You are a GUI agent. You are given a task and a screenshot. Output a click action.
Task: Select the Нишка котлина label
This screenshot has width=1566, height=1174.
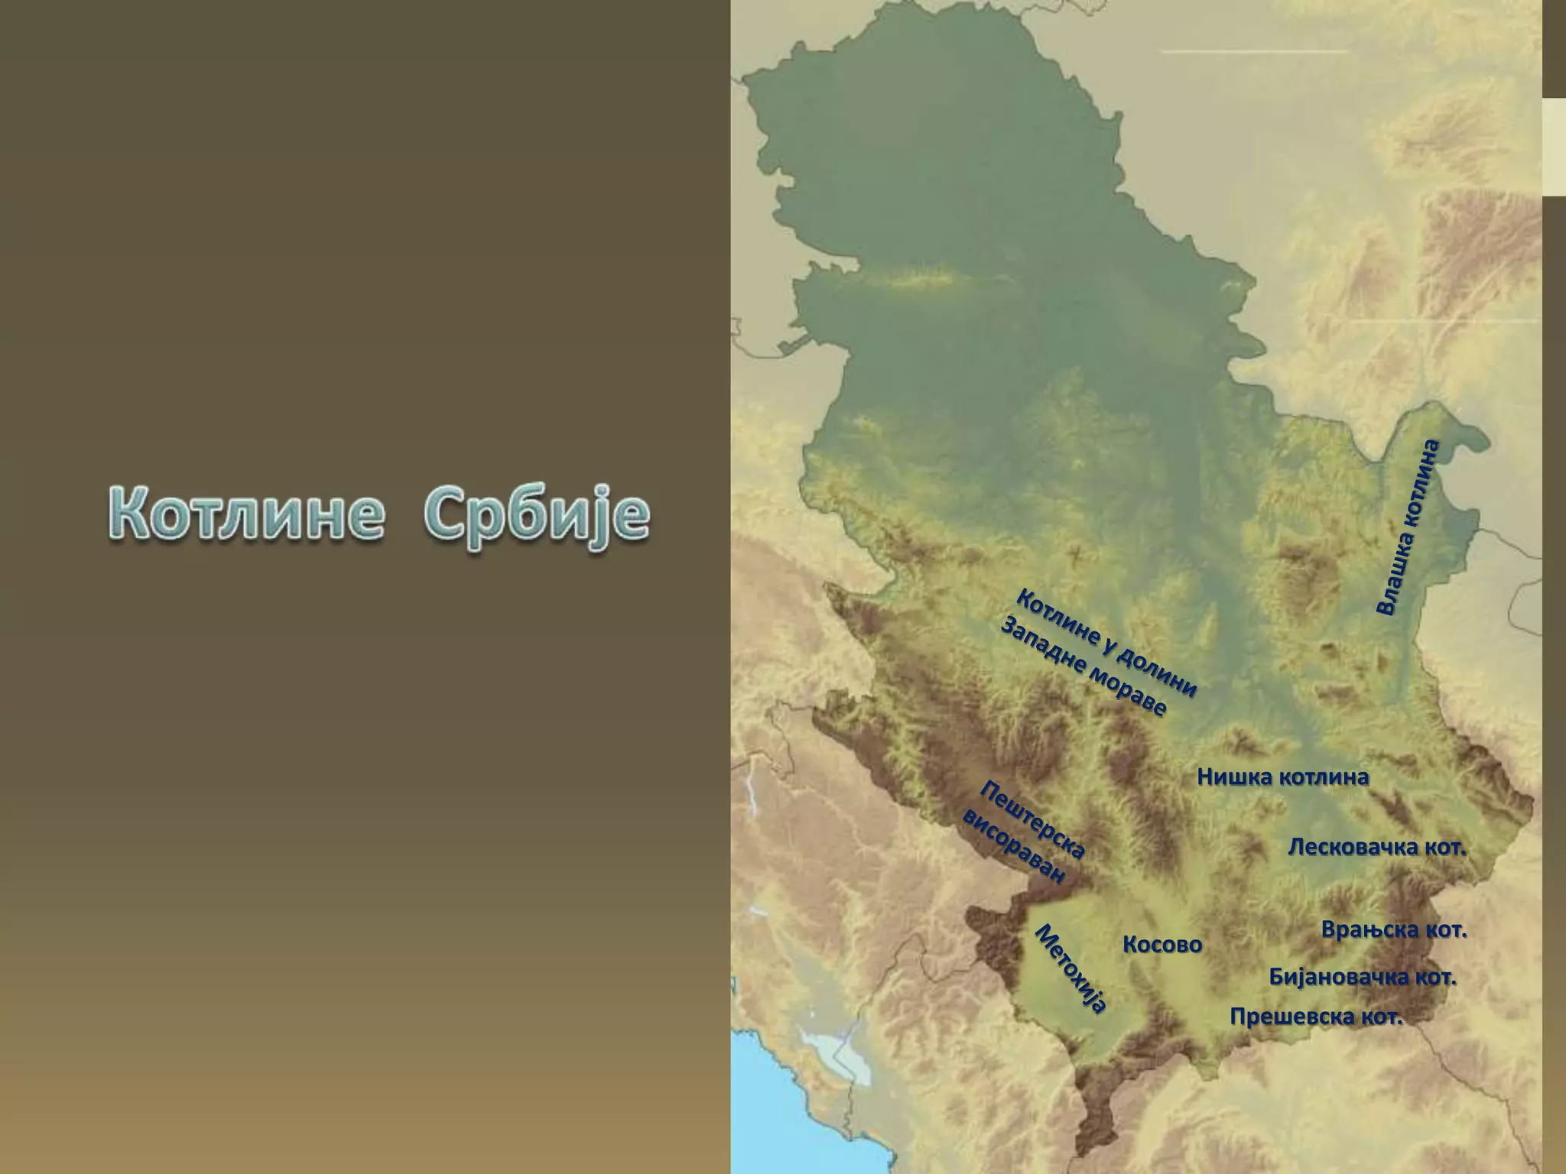point(1282,777)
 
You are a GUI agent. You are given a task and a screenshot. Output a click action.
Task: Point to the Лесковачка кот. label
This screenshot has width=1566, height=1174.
point(1376,848)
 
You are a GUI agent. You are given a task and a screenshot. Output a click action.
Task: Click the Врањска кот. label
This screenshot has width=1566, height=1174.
point(1394,930)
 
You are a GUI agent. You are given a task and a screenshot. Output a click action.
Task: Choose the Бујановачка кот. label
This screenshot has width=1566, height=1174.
point(1362,977)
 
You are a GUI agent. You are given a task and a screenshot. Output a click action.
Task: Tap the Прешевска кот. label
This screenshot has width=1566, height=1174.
point(1316,1017)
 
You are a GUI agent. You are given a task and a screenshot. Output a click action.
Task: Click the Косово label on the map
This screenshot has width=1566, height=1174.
point(1162,945)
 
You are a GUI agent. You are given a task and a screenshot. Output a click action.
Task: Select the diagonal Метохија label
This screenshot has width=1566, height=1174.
point(1071,968)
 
